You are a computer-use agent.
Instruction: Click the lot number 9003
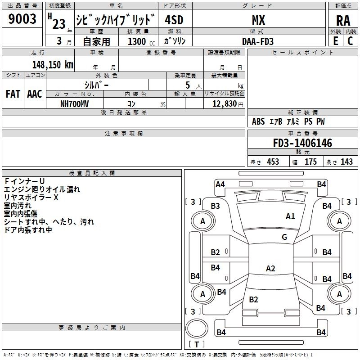22,19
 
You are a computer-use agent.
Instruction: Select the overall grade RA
342,21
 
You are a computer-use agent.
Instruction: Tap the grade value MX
258,20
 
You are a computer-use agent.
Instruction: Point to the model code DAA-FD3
258,41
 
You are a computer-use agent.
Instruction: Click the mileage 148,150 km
53,64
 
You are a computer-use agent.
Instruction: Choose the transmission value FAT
13,94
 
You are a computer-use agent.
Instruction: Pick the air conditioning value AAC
35,94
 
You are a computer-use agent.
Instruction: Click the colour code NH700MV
75,103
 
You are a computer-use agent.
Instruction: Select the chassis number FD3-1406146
302,144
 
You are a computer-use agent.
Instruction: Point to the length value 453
273,162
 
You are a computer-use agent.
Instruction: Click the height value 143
346,162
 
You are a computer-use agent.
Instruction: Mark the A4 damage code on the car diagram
220,184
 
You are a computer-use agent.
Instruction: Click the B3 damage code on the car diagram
216,206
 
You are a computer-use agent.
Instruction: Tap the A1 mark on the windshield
291,216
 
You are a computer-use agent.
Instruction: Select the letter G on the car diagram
284,237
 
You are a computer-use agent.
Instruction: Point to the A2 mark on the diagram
270,269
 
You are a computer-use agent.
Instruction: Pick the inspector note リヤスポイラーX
31,198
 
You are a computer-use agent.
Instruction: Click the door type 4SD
175,20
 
